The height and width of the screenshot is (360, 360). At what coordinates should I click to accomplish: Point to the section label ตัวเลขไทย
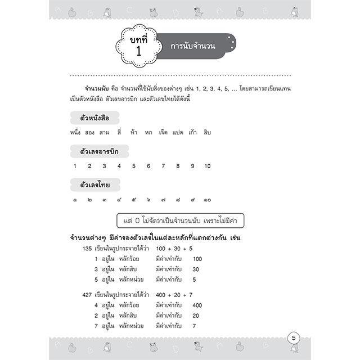pyautogui.click(x=91, y=184)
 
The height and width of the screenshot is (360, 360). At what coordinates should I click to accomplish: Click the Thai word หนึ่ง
pyautogui.click(x=76, y=133)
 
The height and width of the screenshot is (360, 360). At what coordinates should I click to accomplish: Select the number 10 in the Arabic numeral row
pyautogui.click(x=207, y=166)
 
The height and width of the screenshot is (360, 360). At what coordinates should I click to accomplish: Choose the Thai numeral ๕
pyautogui.click(x=134, y=200)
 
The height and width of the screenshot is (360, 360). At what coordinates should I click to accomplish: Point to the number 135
pyautogui.click(x=88, y=248)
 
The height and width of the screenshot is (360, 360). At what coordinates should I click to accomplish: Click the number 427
pyautogui.click(x=88, y=294)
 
